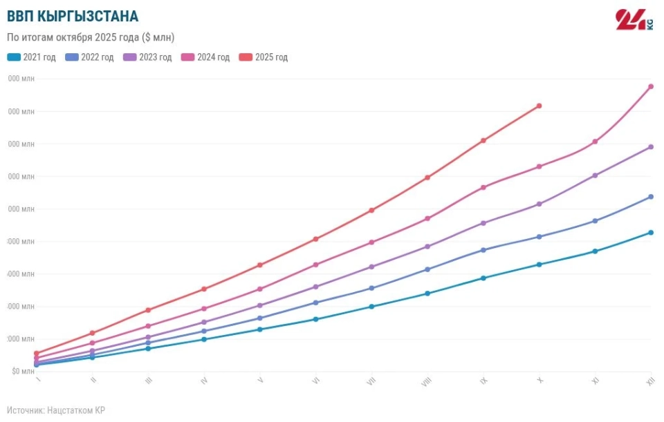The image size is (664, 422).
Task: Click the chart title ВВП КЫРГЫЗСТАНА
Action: (x=72, y=16)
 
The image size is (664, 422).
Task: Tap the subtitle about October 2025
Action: (x=90, y=37)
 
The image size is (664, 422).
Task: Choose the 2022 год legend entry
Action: (x=89, y=57)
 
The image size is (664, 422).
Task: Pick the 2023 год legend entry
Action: (x=147, y=57)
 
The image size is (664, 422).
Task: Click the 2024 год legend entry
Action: (x=205, y=57)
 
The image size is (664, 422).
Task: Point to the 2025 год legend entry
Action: (x=263, y=57)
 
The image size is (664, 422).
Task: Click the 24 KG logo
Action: (x=634, y=19)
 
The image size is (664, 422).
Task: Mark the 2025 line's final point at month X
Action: (x=539, y=106)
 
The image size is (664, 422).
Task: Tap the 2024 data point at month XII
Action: (x=651, y=86)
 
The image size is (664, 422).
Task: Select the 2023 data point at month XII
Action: (x=651, y=147)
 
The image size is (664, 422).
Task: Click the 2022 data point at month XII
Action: (x=651, y=197)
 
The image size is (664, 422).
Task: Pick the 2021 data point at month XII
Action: (x=651, y=233)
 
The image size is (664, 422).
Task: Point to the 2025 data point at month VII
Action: (x=371, y=210)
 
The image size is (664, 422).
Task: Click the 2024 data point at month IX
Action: (x=483, y=187)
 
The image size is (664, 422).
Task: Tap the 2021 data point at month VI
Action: (x=315, y=319)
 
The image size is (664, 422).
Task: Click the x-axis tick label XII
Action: (x=650, y=381)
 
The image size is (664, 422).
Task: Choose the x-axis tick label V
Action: (x=260, y=381)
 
